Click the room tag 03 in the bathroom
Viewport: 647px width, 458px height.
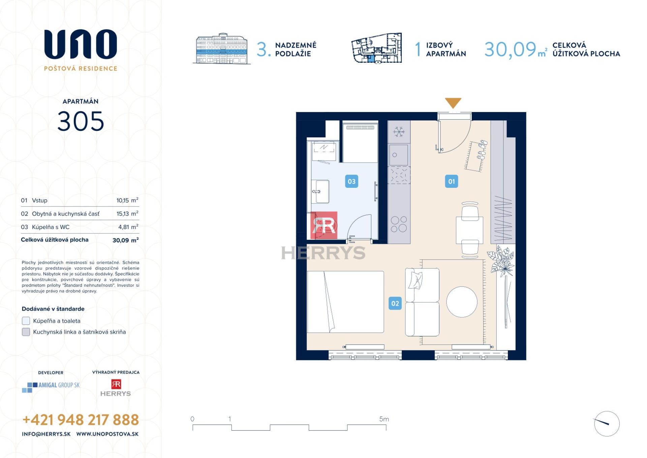351,181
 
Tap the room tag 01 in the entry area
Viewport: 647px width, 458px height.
451,181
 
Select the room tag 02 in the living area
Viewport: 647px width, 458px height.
395,303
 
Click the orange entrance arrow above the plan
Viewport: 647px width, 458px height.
453,103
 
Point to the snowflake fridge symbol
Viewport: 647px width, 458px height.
399,132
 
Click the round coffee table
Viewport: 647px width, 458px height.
462,302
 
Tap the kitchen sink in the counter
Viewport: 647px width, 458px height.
399,155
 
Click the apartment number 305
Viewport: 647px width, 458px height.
81,121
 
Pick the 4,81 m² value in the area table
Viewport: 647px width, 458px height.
128,227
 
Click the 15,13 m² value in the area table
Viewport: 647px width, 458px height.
127,213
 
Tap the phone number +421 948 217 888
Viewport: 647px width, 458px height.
81,420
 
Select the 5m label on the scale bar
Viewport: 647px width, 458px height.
384,419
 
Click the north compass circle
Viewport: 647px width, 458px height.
607,424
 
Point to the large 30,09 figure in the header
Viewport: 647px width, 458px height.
510,50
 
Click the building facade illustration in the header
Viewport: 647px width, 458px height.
221,49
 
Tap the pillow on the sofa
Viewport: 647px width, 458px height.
415,280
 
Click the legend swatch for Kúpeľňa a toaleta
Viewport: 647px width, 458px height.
26,321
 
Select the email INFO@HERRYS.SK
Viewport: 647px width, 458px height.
46,434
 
